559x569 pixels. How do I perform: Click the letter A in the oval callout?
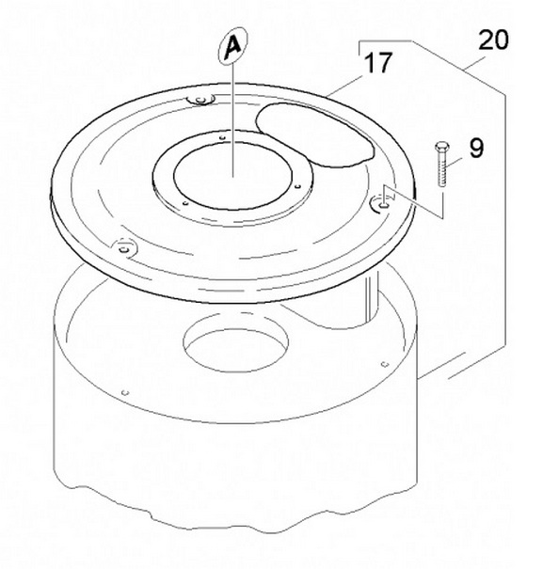tap(232, 47)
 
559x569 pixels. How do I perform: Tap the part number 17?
tap(378, 62)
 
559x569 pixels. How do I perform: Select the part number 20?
tap(494, 40)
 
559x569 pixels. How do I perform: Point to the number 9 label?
tap(476, 148)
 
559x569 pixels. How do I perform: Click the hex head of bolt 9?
tap(442, 147)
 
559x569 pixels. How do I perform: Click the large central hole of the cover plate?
tap(232, 176)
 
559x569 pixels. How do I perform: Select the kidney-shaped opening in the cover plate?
tap(314, 135)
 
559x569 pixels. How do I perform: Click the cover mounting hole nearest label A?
tap(200, 100)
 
